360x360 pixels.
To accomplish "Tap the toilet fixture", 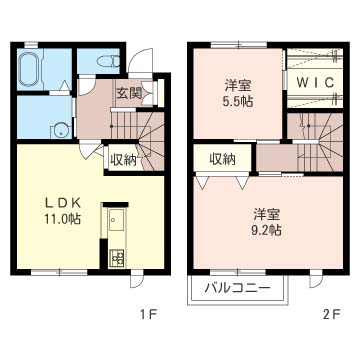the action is (x=108, y=61).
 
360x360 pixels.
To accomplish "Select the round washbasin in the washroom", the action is (x=61, y=130).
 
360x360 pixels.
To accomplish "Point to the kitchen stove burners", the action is (x=116, y=258).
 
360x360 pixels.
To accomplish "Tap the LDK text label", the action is (x=63, y=202).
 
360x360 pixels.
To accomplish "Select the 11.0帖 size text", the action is (x=63, y=219).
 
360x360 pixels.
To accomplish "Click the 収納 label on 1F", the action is (x=124, y=161).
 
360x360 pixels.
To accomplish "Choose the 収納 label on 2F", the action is (x=222, y=159).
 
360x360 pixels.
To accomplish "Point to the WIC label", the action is (x=315, y=82).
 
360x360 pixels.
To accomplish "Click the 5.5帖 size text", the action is (x=238, y=102).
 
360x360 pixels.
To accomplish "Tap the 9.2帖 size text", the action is (x=267, y=230).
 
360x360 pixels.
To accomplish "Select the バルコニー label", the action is (x=237, y=287).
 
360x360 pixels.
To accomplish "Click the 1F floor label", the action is (x=147, y=314).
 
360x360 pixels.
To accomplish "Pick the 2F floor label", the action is (x=331, y=314).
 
